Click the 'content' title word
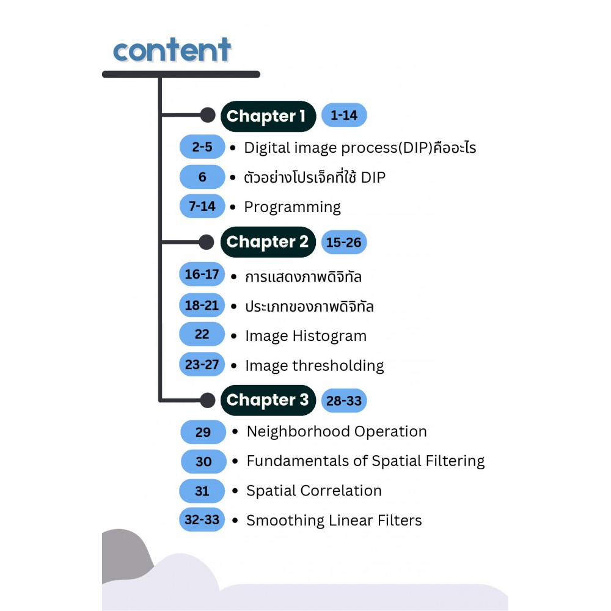(x=172, y=50)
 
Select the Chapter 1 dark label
(x=268, y=116)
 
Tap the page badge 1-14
(x=344, y=115)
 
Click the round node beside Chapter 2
(x=207, y=242)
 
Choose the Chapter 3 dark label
(x=268, y=400)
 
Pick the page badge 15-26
(x=344, y=243)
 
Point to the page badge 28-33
(x=344, y=401)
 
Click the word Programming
(x=292, y=207)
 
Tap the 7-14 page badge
(x=202, y=206)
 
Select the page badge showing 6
(x=202, y=177)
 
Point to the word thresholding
(x=338, y=366)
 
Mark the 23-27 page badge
(x=202, y=364)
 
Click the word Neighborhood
(x=299, y=431)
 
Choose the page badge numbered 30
(x=203, y=461)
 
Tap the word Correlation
(x=345, y=491)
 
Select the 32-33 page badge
(x=202, y=519)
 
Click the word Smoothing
(x=285, y=521)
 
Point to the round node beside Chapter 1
(x=208, y=115)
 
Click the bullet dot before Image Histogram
(x=234, y=336)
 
